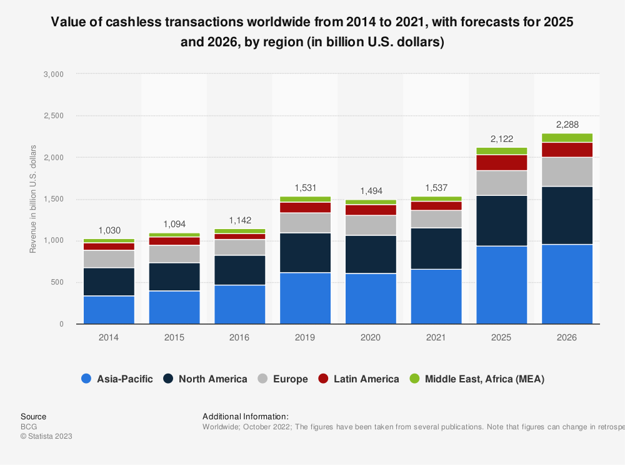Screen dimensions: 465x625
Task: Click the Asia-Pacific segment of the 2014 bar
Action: (109, 310)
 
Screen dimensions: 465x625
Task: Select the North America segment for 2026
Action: (567, 215)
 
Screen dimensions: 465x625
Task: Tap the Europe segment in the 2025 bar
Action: (501, 183)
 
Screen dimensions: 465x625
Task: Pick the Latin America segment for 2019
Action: (305, 207)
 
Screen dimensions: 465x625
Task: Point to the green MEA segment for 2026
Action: (567, 138)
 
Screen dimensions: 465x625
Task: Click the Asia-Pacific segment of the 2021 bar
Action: (436, 296)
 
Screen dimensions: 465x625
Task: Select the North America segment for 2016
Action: (239, 270)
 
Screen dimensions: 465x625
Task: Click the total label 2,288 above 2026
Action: (567, 123)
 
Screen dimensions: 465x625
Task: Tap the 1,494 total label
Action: (371, 190)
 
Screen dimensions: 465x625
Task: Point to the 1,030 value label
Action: (109, 229)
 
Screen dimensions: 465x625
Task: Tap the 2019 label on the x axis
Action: (305, 337)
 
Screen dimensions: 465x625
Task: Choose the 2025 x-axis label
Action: (501, 337)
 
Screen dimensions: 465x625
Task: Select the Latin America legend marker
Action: (323, 379)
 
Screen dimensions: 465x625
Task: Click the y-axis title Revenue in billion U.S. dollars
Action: (33, 199)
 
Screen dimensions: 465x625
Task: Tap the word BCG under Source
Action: (29, 426)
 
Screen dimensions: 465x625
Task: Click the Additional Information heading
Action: (246, 416)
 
